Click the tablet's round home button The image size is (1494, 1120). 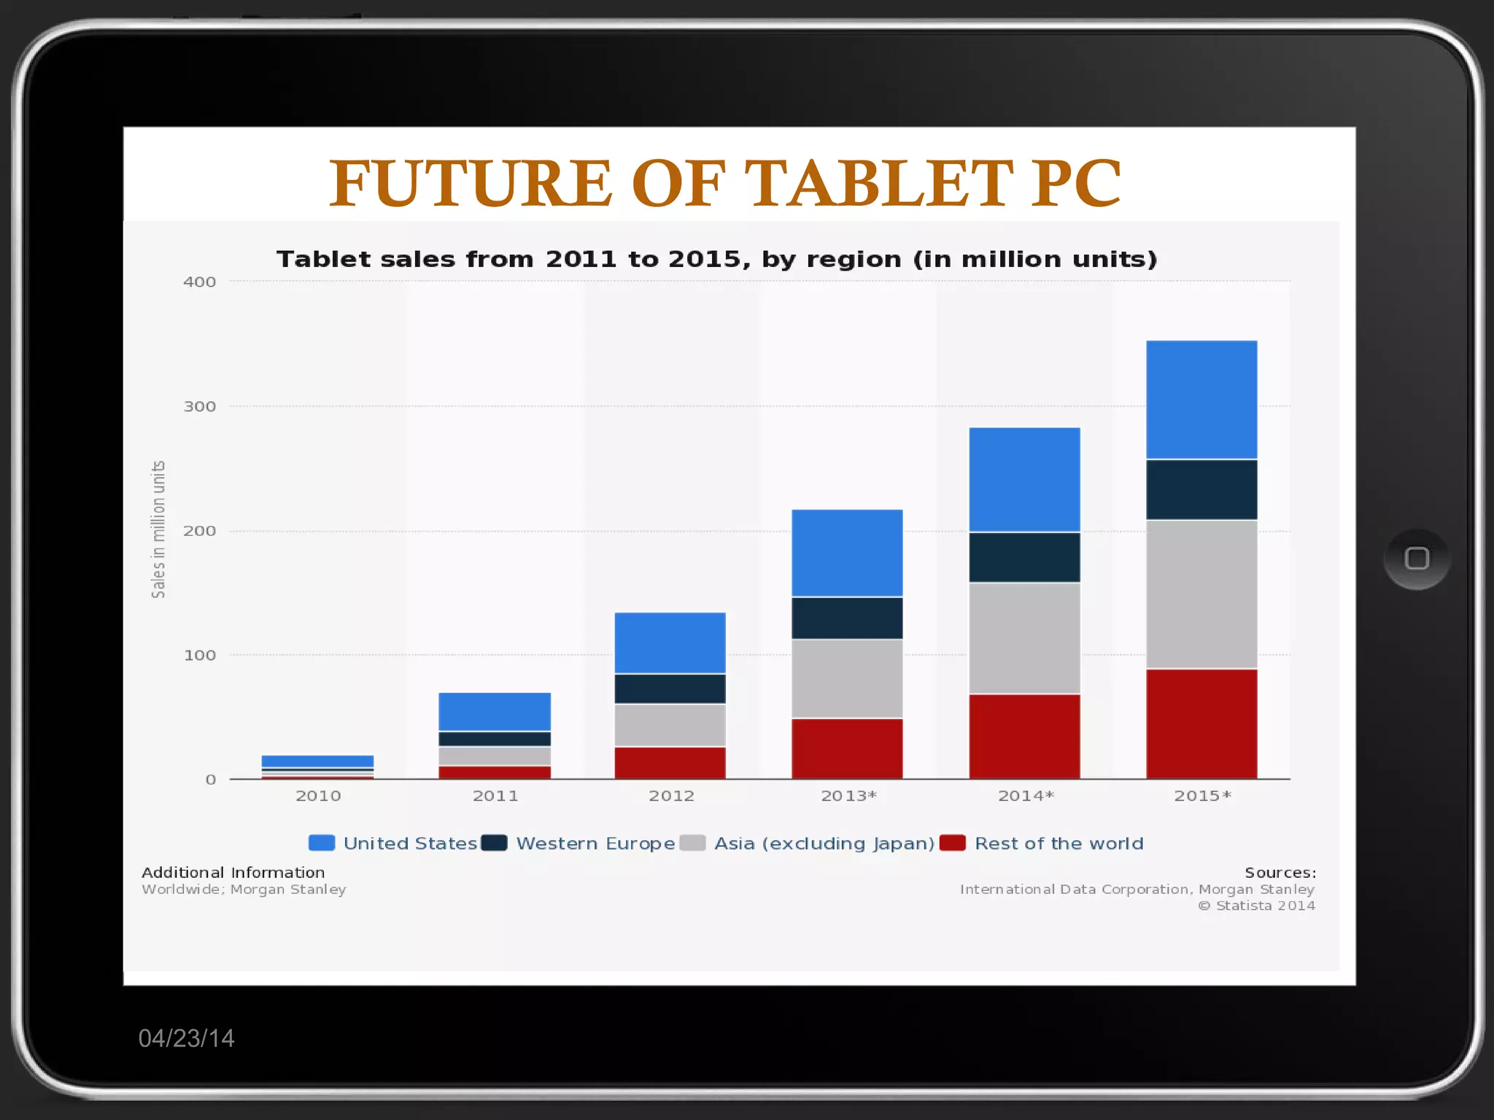(x=1416, y=559)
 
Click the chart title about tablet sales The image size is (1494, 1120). (x=716, y=260)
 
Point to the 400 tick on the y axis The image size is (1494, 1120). (x=199, y=282)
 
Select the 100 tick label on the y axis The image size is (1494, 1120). (x=199, y=656)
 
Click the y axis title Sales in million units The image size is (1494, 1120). (x=158, y=529)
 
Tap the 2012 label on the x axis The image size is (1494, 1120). (x=671, y=796)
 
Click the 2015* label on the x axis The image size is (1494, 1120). (x=1202, y=796)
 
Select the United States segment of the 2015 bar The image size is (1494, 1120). (x=1201, y=400)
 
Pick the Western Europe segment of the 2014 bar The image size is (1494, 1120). (x=1024, y=557)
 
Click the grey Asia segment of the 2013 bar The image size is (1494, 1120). (x=847, y=678)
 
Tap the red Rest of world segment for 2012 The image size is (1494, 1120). (x=670, y=763)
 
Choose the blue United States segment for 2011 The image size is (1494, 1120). (x=495, y=712)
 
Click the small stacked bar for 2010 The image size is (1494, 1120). (x=317, y=767)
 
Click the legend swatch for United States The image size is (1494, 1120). (x=322, y=844)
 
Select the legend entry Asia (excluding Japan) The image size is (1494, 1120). (x=824, y=844)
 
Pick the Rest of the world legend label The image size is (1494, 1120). (x=1058, y=844)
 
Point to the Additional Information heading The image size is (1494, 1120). (x=233, y=873)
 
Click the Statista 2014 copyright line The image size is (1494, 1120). (x=1257, y=906)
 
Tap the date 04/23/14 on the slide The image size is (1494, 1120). (x=186, y=1038)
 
